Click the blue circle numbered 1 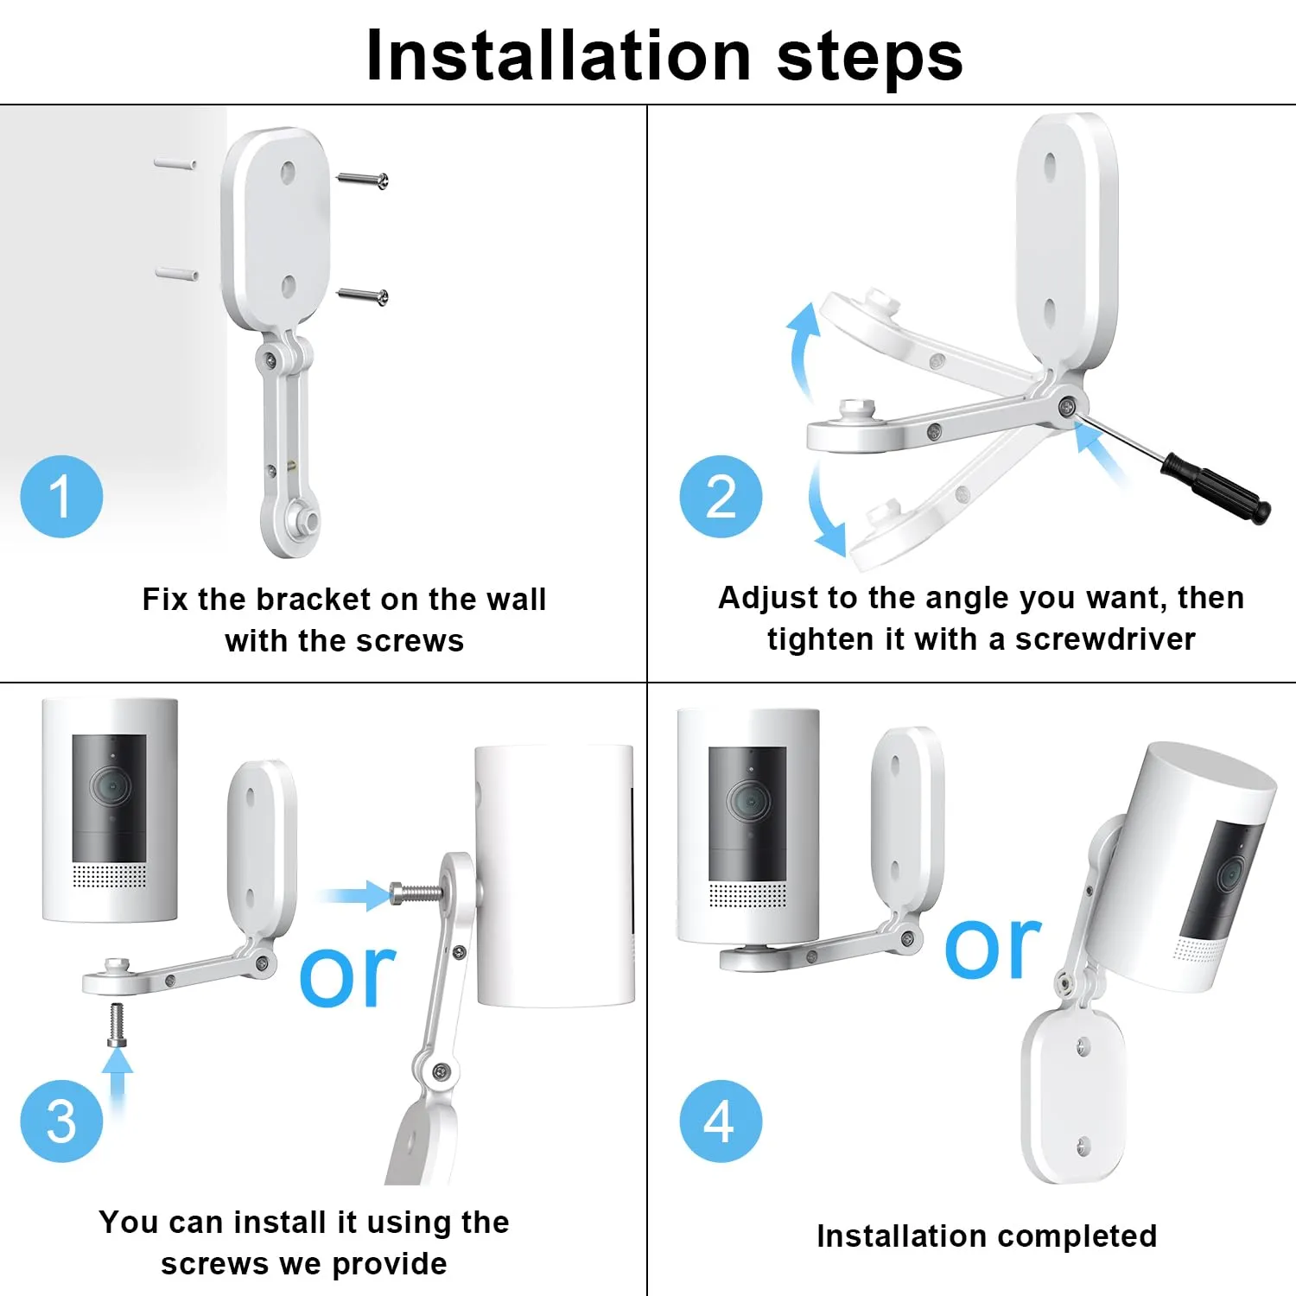click(x=61, y=497)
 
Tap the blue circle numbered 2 click(x=721, y=497)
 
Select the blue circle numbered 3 click(x=61, y=1121)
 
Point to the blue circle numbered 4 click(x=721, y=1121)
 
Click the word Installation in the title click(x=558, y=56)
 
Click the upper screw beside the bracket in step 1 click(x=362, y=180)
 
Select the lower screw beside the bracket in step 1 click(x=362, y=296)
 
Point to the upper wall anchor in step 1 click(x=175, y=162)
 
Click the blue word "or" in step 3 click(x=347, y=976)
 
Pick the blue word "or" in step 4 click(x=993, y=948)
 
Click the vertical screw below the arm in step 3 click(x=118, y=1026)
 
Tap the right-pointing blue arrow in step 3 click(x=354, y=895)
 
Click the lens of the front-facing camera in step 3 click(x=110, y=787)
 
